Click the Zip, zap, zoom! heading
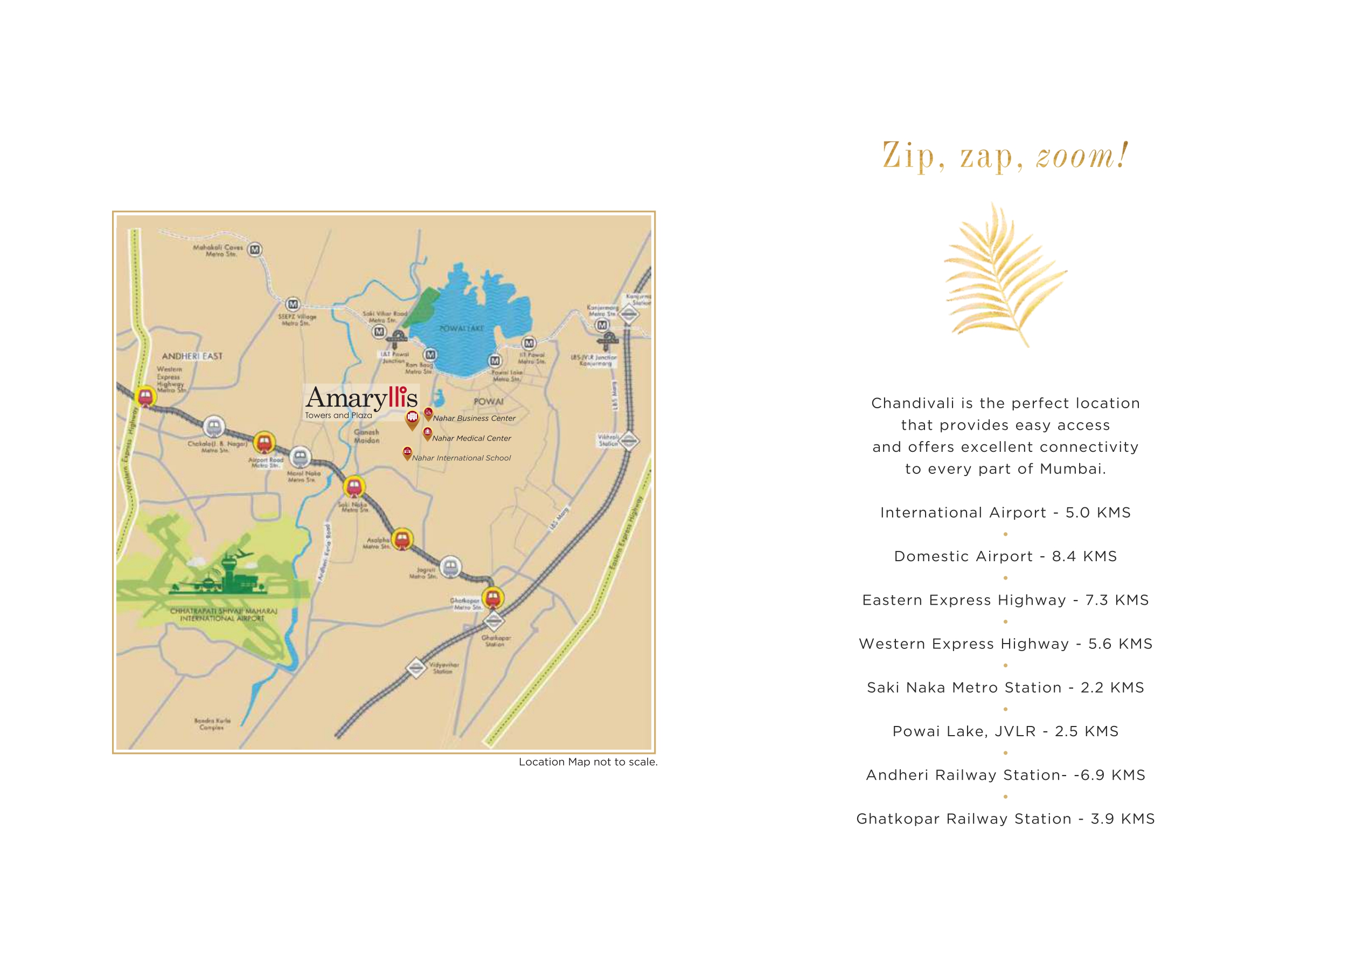[x=1005, y=156]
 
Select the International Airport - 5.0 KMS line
[x=1005, y=513]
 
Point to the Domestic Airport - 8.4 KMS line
[x=1005, y=557]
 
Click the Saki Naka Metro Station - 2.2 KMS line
[x=1005, y=688]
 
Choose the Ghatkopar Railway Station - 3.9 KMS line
[x=1005, y=819]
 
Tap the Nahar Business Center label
[x=474, y=418]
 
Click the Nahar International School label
[x=461, y=458]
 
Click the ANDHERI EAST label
[x=192, y=356]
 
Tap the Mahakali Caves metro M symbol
[x=255, y=250]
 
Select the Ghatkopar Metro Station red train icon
[x=493, y=597]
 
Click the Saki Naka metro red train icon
[x=354, y=487]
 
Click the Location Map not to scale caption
[x=588, y=762]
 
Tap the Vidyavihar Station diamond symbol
[x=417, y=668]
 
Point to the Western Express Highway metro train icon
[x=145, y=396]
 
